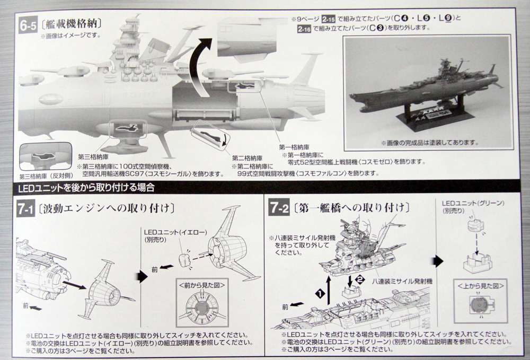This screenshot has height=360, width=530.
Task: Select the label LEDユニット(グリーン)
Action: pos(473,203)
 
